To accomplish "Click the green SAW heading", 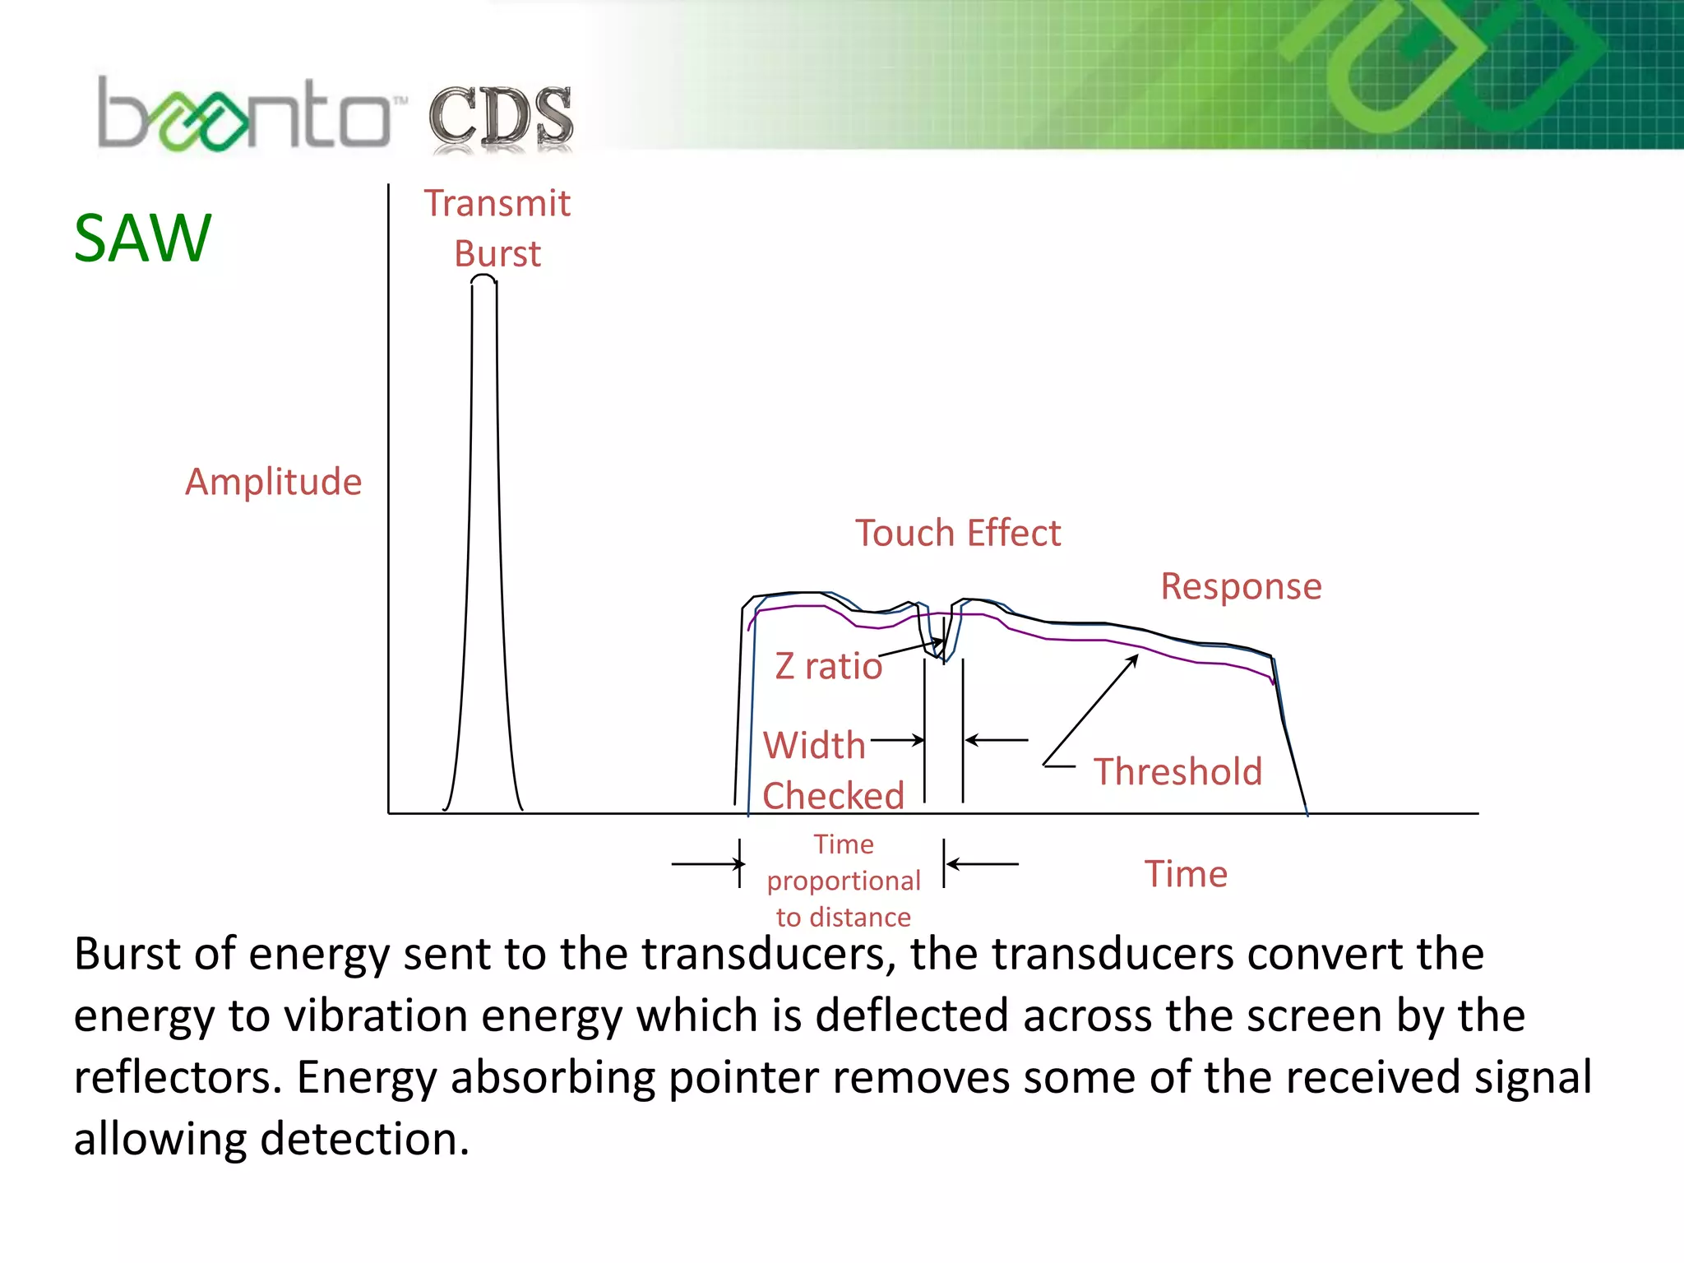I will [x=142, y=238].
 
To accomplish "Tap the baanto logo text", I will [x=244, y=115].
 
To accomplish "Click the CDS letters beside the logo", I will [x=500, y=118].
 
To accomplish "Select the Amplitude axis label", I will [x=273, y=482].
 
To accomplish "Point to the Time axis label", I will [x=1186, y=873].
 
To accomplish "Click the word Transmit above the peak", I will [x=497, y=203].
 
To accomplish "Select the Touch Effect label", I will [x=958, y=533].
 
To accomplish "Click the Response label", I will [x=1241, y=586].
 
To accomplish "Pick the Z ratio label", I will [x=828, y=666].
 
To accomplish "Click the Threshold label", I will [x=1177, y=771].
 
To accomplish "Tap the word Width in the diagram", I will [x=814, y=745].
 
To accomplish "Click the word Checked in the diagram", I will [x=833, y=796].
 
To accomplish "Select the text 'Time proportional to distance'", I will [x=844, y=881].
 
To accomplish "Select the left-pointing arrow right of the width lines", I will [x=996, y=740].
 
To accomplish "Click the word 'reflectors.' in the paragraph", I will [x=178, y=1077].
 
